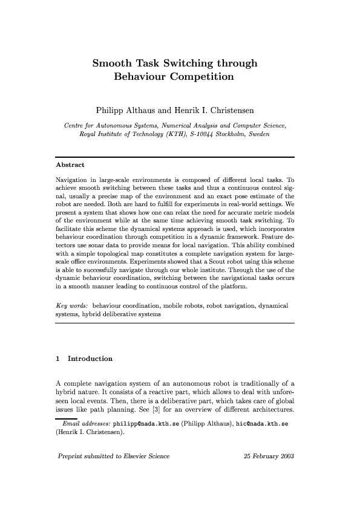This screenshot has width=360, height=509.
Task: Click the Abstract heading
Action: point(70,164)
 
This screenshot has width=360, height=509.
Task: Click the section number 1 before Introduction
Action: point(57,358)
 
